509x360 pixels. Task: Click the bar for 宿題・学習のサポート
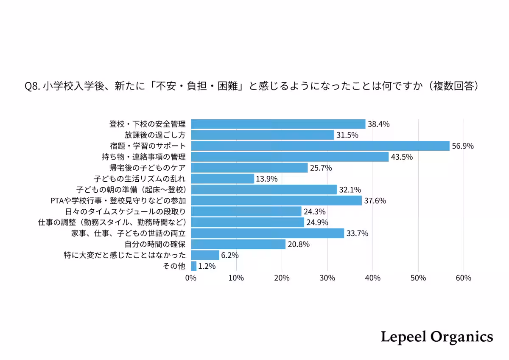point(320,146)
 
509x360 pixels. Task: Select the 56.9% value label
point(463,146)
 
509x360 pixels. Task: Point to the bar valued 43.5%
point(290,157)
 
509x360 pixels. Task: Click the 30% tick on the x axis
point(327,278)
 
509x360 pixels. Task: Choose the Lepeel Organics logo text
point(437,337)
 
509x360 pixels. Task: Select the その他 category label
point(174,266)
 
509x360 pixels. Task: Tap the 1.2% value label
point(207,267)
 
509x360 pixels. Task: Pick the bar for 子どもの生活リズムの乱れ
point(222,179)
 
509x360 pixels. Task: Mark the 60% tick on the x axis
point(463,278)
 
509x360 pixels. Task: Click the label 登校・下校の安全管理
point(148,124)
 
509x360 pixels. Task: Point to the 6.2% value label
point(230,256)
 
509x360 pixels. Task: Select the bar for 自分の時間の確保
point(238,245)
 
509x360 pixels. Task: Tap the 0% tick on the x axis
point(191,278)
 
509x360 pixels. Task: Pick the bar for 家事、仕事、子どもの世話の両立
point(267,233)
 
